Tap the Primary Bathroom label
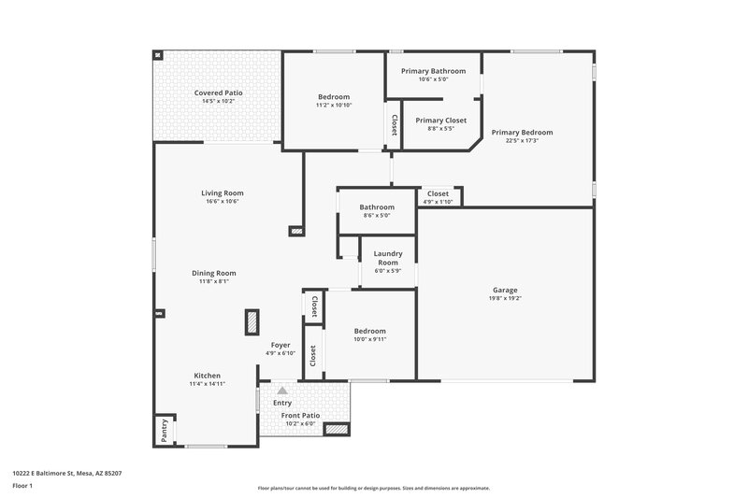[x=432, y=71]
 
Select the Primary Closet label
[x=440, y=120]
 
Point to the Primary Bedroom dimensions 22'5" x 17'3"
[x=522, y=141]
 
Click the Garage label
[x=505, y=290]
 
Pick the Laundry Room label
[x=388, y=258]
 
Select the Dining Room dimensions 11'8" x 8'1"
[x=213, y=281]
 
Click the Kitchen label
[x=207, y=375]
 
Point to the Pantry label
[x=164, y=429]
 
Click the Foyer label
[x=280, y=345]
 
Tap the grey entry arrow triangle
[x=280, y=390]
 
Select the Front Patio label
[x=300, y=415]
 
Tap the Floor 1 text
[x=22, y=487]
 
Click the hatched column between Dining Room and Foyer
[x=252, y=322]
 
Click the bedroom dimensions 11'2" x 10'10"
[x=334, y=106]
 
